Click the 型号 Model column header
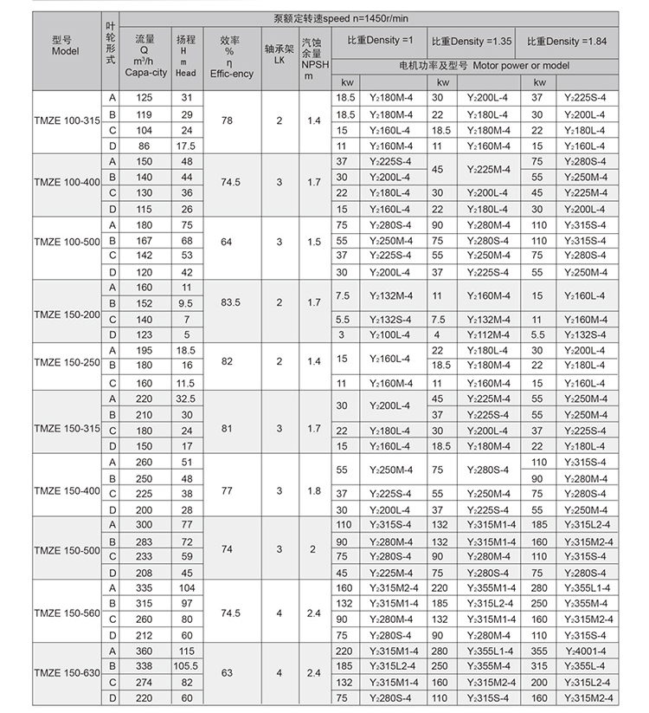pyautogui.click(x=66, y=48)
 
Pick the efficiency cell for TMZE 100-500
pyautogui.click(x=227, y=241)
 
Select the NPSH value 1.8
pyautogui.click(x=312, y=489)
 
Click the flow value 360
pyautogui.click(x=145, y=651)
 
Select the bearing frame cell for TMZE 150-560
pyautogui.click(x=279, y=612)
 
